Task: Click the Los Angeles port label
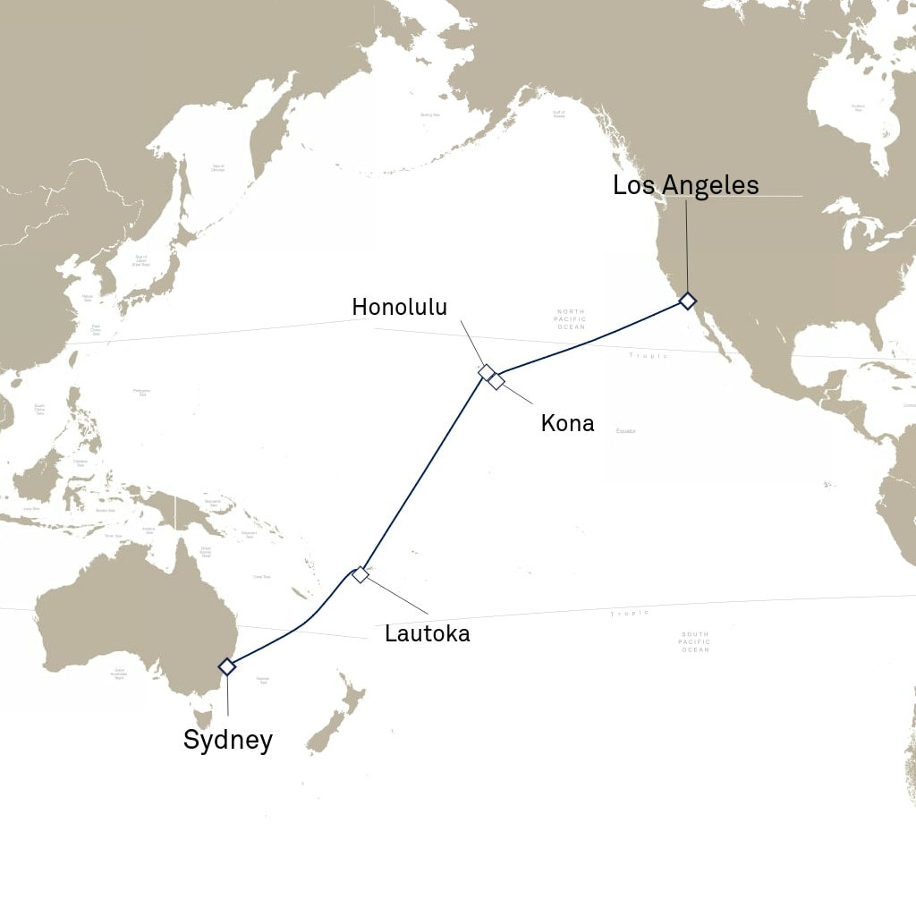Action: (685, 185)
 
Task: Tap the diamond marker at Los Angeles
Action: (687, 301)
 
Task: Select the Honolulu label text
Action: (399, 307)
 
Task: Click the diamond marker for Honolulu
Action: (487, 371)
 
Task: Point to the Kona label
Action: (567, 423)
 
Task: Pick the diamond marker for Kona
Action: (496, 382)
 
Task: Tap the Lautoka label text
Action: (427, 634)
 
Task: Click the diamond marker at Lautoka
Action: (360, 574)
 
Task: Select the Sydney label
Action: (227, 740)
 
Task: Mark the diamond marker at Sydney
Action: (227, 666)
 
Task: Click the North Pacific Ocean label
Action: (571, 319)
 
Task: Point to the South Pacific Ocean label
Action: (694, 641)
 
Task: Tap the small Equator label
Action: (626, 431)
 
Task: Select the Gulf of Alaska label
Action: (559, 114)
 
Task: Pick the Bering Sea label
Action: (430, 115)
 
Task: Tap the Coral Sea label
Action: (261, 577)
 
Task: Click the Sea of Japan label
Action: (141, 261)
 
